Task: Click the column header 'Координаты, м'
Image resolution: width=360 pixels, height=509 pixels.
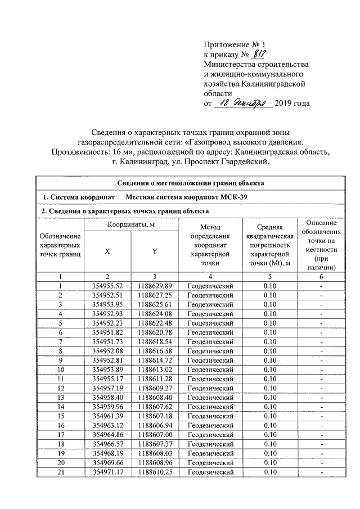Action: (x=130, y=226)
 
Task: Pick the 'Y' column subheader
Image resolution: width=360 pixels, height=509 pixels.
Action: (x=154, y=251)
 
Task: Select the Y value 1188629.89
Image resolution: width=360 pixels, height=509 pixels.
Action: (x=154, y=286)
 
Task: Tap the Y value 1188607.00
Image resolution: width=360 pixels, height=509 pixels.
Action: (x=154, y=435)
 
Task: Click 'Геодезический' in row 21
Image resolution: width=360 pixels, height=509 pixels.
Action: (x=210, y=472)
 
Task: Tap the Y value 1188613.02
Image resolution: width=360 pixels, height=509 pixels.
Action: (x=154, y=370)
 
